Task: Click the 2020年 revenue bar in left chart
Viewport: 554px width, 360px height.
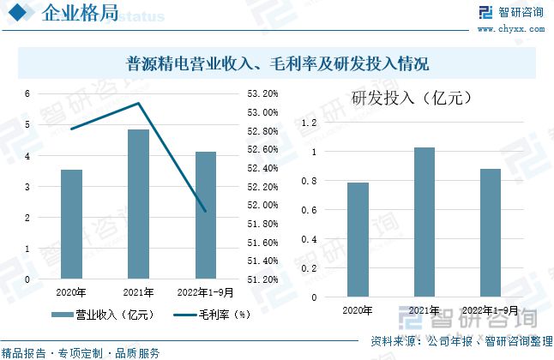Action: click(x=71, y=225)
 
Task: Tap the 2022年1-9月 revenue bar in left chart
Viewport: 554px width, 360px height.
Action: click(x=205, y=215)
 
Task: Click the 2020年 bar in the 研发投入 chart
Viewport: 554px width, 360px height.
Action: click(x=358, y=240)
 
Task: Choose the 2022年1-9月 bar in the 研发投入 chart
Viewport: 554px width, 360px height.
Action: click(x=490, y=233)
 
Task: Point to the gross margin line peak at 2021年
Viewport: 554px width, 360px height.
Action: click(x=138, y=104)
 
